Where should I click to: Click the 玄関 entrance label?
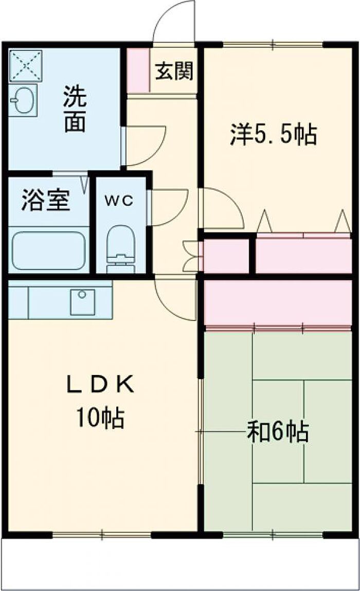pos(174,70)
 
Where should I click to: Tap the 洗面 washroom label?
pos(75,109)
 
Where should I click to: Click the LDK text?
pos(100,385)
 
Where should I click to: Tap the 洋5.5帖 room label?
pos(274,135)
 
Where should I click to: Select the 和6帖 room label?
pos(278,432)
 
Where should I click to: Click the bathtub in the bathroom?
pos(49,250)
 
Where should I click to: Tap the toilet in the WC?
pos(120,249)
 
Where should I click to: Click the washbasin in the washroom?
pos(23,100)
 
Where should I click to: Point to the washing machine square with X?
pos(25,66)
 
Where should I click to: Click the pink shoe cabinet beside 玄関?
pos(138,70)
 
